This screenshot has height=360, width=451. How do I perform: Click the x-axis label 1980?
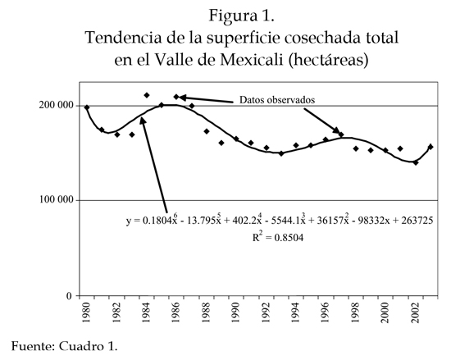click(86, 312)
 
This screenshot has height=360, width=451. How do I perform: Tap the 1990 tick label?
click(235, 312)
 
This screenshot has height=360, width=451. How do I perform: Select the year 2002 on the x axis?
click(415, 312)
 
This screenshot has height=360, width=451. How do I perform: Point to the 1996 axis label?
click(325, 312)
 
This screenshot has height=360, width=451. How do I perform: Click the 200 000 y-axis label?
click(57, 105)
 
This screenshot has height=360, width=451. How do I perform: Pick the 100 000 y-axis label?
click(57, 199)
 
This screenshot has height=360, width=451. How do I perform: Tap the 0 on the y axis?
click(70, 295)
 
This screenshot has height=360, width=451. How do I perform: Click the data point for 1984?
click(147, 95)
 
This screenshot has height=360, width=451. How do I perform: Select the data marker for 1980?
click(87, 107)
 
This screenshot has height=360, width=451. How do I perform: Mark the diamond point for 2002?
click(416, 162)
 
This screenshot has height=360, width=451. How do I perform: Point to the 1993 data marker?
click(281, 153)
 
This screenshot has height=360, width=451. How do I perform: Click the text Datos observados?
click(277, 100)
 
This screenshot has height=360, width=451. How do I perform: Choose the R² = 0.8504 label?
click(278, 237)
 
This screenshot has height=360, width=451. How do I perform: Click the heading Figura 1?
click(242, 16)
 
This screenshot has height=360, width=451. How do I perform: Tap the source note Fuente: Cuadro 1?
click(65, 346)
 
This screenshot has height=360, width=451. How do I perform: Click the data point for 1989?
click(221, 143)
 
